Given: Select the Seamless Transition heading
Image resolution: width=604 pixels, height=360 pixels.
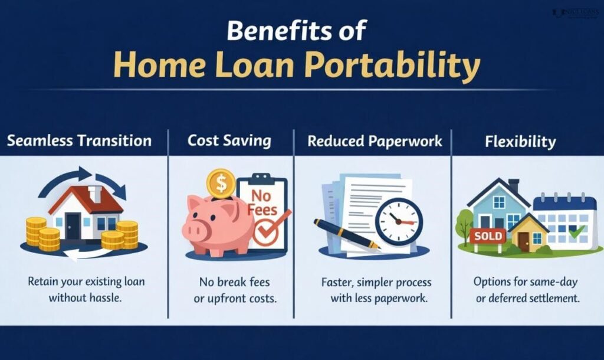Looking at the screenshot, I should (79, 141).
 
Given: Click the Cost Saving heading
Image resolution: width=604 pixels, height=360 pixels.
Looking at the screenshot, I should (229, 141).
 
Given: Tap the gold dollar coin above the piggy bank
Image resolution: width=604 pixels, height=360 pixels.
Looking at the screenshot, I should (221, 184).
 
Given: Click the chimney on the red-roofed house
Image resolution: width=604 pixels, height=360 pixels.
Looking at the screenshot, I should (94, 194).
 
